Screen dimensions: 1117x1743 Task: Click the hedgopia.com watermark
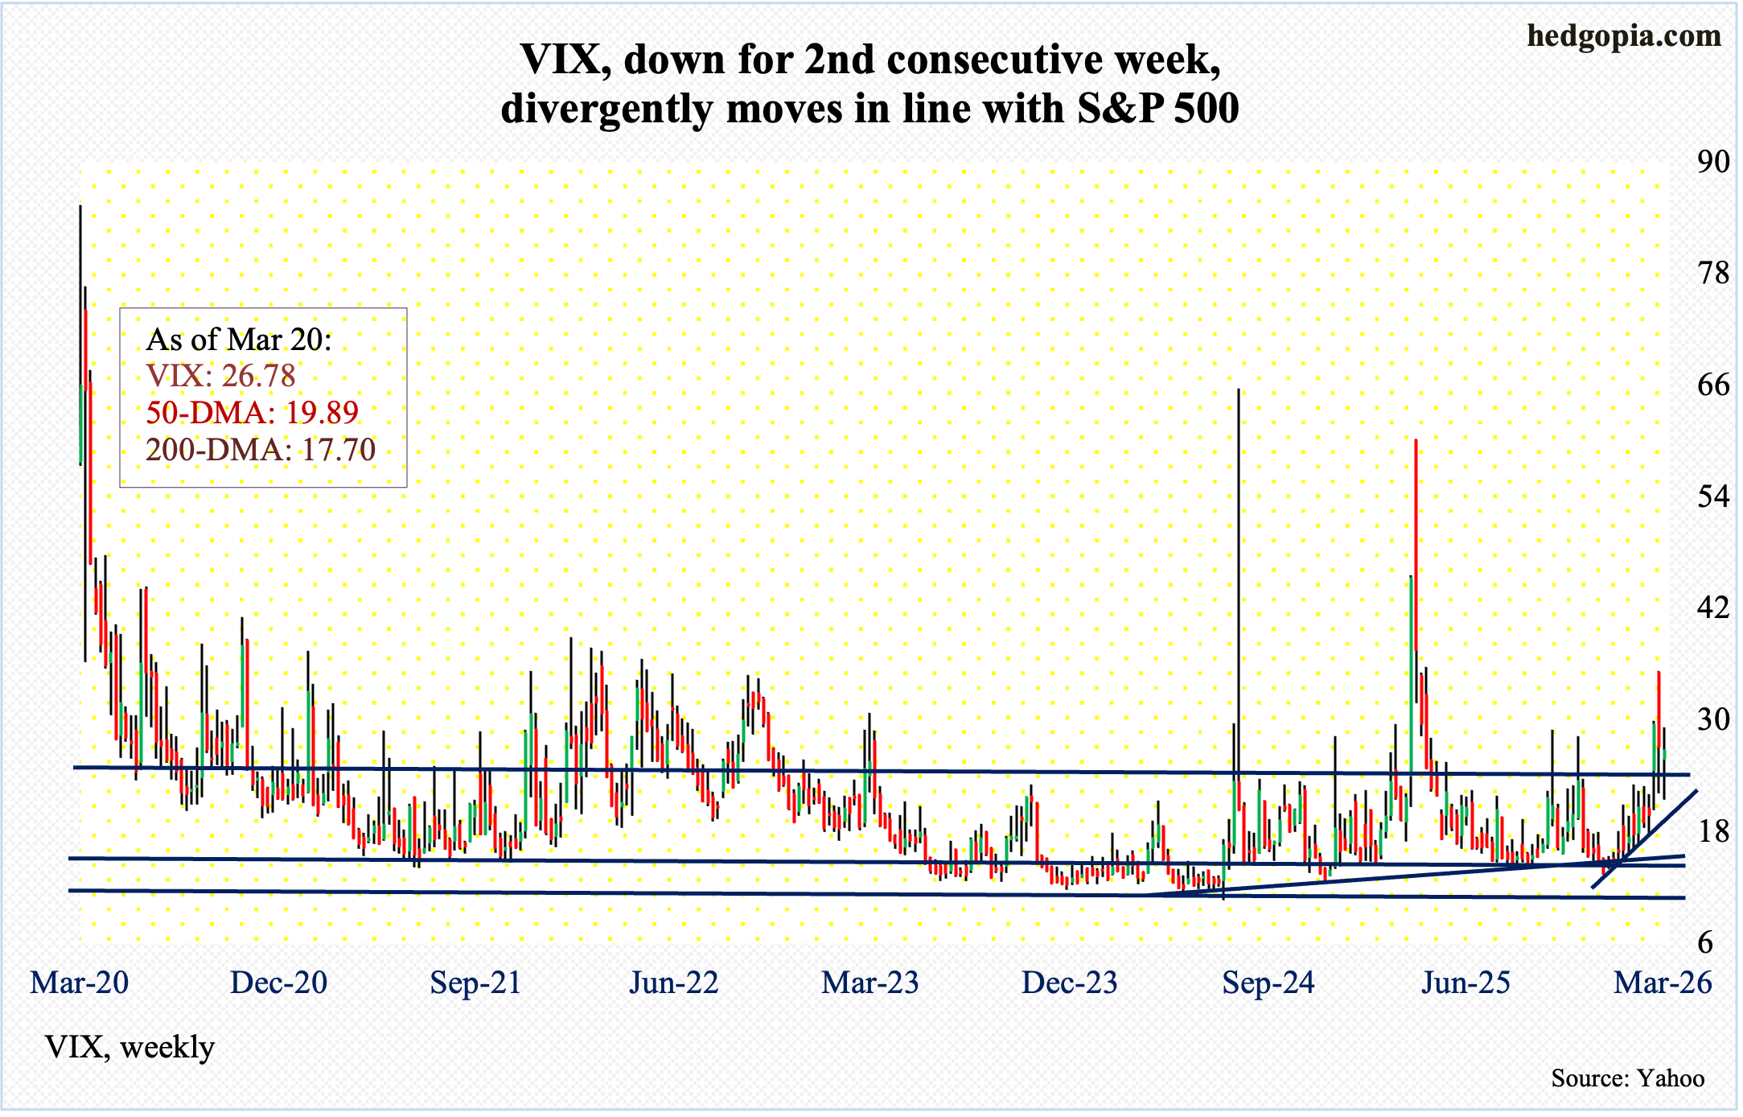(1624, 36)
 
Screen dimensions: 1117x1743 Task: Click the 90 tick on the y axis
(1712, 162)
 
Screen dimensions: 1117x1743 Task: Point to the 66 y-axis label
(1712, 385)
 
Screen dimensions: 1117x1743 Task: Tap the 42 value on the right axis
(1712, 608)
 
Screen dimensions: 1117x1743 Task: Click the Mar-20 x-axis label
(79, 983)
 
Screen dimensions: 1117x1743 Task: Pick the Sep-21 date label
(475, 983)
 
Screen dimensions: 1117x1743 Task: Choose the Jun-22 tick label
(673, 983)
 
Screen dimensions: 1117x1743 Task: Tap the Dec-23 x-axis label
(1069, 983)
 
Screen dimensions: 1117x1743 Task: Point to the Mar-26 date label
(1663, 983)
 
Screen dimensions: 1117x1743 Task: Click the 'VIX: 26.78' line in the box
(220, 376)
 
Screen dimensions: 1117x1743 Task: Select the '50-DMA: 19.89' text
(252, 412)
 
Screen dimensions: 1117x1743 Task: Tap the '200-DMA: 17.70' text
(261, 449)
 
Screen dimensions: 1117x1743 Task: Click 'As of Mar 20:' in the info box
(239, 340)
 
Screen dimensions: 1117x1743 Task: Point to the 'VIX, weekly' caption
(129, 1047)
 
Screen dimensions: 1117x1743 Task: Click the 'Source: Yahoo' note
(1627, 1078)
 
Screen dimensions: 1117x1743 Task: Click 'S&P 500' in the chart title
(1157, 108)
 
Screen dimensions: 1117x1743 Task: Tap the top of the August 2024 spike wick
(1239, 390)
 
